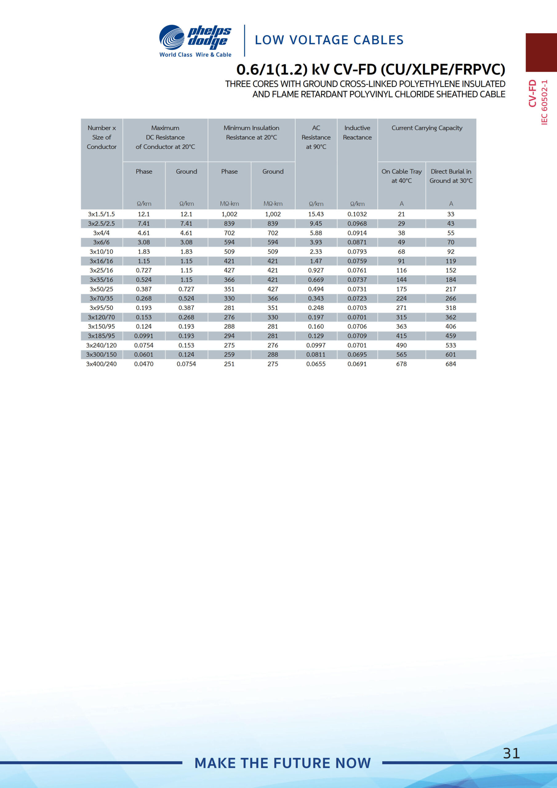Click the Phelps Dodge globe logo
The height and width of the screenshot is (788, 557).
coord(172,37)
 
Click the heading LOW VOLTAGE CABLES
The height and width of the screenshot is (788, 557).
coord(329,40)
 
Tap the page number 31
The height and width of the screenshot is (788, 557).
coord(511,753)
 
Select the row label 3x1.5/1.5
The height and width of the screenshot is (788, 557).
coord(101,214)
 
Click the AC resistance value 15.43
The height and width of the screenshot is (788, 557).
coord(316,214)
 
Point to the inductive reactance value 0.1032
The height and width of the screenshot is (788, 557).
coord(357,214)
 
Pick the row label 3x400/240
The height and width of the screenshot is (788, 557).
coord(101,364)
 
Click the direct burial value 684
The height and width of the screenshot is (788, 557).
coord(451,364)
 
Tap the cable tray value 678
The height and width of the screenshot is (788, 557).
coord(401,364)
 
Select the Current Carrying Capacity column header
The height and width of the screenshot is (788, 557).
coord(427,128)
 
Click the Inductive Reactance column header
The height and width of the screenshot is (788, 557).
coord(357,132)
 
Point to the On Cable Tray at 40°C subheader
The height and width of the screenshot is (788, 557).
coord(402,176)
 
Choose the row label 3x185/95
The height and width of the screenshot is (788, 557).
coord(101,336)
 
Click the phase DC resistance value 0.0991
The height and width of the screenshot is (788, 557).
coord(144,336)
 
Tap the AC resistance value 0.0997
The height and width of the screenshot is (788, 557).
coord(316,345)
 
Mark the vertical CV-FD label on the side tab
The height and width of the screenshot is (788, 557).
coord(532,93)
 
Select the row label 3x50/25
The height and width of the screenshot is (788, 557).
coord(101,289)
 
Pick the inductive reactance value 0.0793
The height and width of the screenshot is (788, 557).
coord(357,251)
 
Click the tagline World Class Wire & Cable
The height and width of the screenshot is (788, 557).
coord(195,54)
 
